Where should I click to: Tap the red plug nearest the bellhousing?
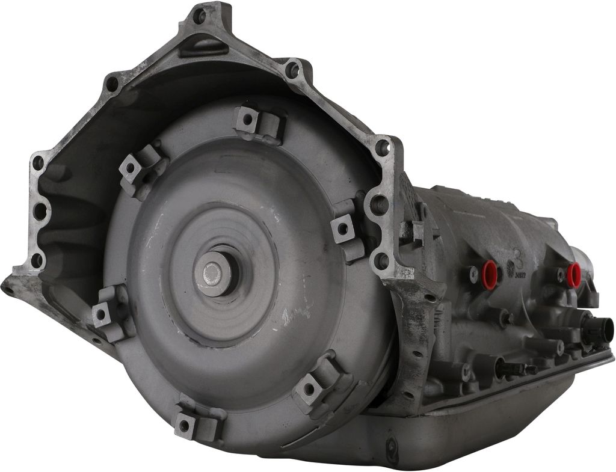click(x=490, y=274)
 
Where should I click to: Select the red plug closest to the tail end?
click(x=574, y=274)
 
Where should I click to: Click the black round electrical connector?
click(x=602, y=330)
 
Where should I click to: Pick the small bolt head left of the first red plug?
click(x=473, y=274)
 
